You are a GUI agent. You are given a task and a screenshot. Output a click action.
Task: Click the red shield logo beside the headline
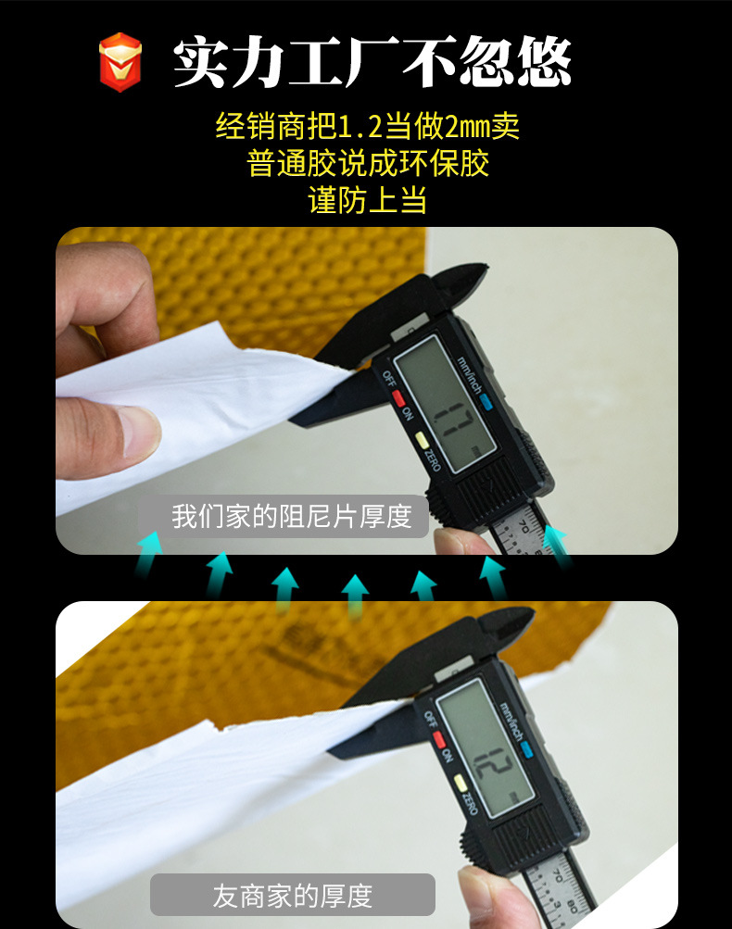[120, 62]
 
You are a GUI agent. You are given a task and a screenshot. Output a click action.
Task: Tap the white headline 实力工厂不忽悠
[372, 63]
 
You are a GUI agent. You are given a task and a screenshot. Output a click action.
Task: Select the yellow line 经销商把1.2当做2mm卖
[367, 126]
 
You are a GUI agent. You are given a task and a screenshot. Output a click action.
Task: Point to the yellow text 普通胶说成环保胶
[367, 164]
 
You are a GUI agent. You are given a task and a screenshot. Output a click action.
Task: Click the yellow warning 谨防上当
[367, 200]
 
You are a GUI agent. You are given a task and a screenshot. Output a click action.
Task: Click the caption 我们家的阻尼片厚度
[291, 517]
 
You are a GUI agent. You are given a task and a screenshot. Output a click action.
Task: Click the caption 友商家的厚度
[293, 896]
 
